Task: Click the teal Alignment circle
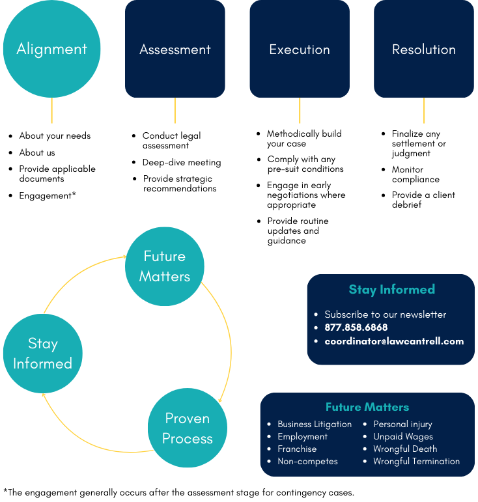point(52,49)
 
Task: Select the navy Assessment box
point(175,49)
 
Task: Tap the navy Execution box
point(300,49)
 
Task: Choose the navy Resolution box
point(424,49)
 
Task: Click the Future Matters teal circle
point(165,266)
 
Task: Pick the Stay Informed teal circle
point(43,353)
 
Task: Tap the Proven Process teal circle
point(188,428)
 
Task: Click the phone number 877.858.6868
point(356,328)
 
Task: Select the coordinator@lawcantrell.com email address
point(394,341)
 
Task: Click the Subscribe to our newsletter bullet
point(386,314)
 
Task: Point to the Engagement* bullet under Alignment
point(48,195)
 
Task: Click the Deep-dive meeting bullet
point(182,162)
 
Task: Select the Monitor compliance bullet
point(415,174)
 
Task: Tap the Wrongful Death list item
point(405,449)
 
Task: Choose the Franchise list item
point(297,449)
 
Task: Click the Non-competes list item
point(307,461)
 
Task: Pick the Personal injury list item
point(402,424)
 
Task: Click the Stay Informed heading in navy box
point(391,290)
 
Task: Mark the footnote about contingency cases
point(178,492)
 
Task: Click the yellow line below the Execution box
point(300,110)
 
